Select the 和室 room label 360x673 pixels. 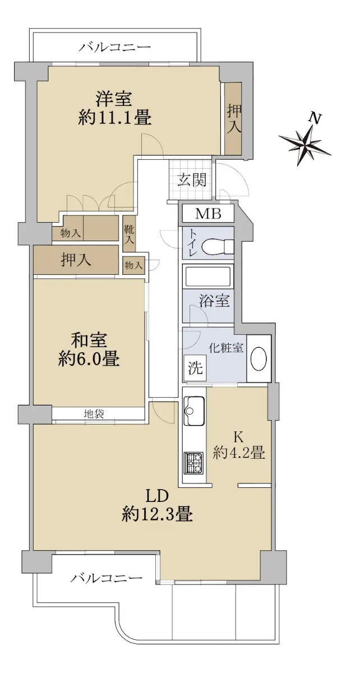point(89,340)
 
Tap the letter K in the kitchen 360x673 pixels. point(238,437)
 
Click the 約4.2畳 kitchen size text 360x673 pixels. point(239,453)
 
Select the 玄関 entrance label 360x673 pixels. point(192,180)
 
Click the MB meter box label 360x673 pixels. point(208,214)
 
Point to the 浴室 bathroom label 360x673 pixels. point(215,301)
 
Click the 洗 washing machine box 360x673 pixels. point(195,368)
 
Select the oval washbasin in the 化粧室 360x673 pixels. point(259,359)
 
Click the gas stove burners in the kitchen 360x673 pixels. point(195,463)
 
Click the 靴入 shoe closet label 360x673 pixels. point(129,235)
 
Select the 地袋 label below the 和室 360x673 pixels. point(94,414)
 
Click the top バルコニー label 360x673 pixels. point(114,48)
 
